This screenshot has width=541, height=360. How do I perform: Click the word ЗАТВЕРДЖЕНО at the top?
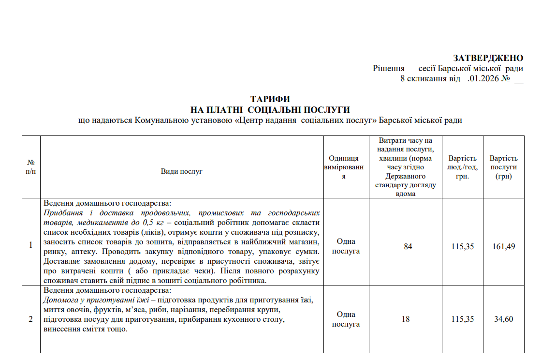click(x=488, y=58)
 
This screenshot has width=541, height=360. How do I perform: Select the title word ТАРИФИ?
click(x=270, y=99)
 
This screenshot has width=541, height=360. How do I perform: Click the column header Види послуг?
click(x=181, y=171)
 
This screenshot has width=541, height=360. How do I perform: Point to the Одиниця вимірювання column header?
click(x=344, y=167)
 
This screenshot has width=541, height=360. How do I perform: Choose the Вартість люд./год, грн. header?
click(x=462, y=167)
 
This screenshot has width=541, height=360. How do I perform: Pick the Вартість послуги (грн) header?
click(x=503, y=167)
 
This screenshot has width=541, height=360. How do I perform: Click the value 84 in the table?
click(x=408, y=246)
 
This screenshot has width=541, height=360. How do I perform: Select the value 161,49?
click(x=503, y=246)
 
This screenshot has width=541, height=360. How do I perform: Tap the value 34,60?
click(x=503, y=319)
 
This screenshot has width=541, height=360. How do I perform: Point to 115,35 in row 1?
click(x=462, y=246)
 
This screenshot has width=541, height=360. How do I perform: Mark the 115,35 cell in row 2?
click(x=462, y=319)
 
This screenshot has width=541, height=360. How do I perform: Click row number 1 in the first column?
click(x=31, y=245)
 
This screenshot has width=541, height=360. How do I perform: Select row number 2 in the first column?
click(x=31, y=319)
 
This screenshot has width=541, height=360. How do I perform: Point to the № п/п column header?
click(x=31, y=167)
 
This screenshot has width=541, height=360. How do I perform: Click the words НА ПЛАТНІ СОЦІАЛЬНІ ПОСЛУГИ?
click(x=270, y=110)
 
